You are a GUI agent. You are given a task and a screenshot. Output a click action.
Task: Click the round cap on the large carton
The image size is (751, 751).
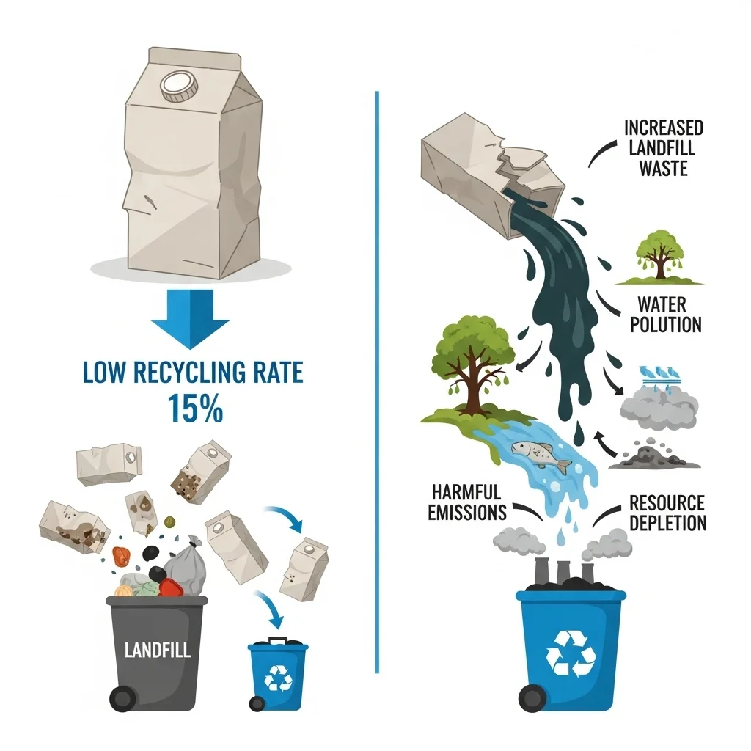179,87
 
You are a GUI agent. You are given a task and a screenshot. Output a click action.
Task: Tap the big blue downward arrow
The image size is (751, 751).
190,318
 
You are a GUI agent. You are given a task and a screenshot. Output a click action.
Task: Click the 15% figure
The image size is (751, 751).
195,409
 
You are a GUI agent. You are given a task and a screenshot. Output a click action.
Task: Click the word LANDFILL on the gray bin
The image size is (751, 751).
158,650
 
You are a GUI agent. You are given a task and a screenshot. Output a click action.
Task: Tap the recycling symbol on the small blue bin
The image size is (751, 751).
278,678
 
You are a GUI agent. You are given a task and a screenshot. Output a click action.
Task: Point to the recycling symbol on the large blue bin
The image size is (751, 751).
571,653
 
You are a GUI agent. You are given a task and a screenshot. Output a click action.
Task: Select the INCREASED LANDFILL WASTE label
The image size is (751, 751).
663,148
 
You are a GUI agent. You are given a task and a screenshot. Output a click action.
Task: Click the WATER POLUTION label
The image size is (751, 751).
665,315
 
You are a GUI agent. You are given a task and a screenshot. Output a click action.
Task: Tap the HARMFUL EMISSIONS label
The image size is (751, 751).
467,502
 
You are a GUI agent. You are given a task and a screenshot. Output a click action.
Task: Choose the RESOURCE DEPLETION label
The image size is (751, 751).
667,513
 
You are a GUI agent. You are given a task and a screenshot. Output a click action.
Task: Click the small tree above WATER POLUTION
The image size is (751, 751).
659,256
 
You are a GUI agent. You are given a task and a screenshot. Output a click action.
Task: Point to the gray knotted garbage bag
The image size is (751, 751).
186,566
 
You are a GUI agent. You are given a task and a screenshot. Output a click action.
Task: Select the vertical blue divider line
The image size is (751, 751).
378,382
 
